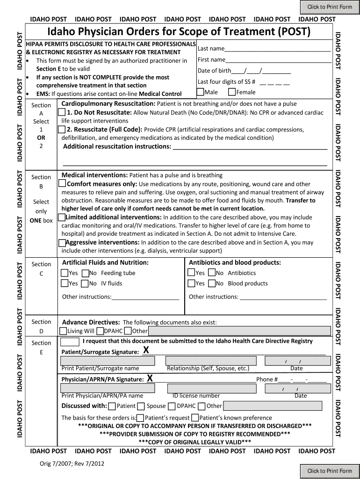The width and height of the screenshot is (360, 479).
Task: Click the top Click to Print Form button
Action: coord(329,7)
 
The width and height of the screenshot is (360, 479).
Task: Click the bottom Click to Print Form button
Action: coord(329,471)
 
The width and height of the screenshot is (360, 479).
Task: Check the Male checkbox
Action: coord(200,92)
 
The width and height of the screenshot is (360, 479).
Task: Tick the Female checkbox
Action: coord(231,92)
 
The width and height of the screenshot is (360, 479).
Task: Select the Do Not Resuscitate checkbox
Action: coord(62,113)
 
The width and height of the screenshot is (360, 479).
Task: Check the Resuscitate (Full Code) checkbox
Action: coord(62,130)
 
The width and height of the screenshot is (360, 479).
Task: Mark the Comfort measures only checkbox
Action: coord(62,183)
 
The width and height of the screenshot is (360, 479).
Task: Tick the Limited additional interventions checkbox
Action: coord(61,218)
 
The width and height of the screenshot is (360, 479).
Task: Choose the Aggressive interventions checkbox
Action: coord(62,242)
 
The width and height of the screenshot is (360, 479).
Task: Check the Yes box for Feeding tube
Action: coord(65,273)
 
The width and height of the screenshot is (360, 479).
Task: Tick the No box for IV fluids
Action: coord(85,283)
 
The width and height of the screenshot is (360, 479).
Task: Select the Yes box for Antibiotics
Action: coord(191,273)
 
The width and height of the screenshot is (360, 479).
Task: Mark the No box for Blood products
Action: coord(212,283)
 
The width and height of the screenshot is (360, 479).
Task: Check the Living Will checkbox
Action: coord(63,331)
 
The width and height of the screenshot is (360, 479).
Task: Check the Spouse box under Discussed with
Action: coord(141,406)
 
